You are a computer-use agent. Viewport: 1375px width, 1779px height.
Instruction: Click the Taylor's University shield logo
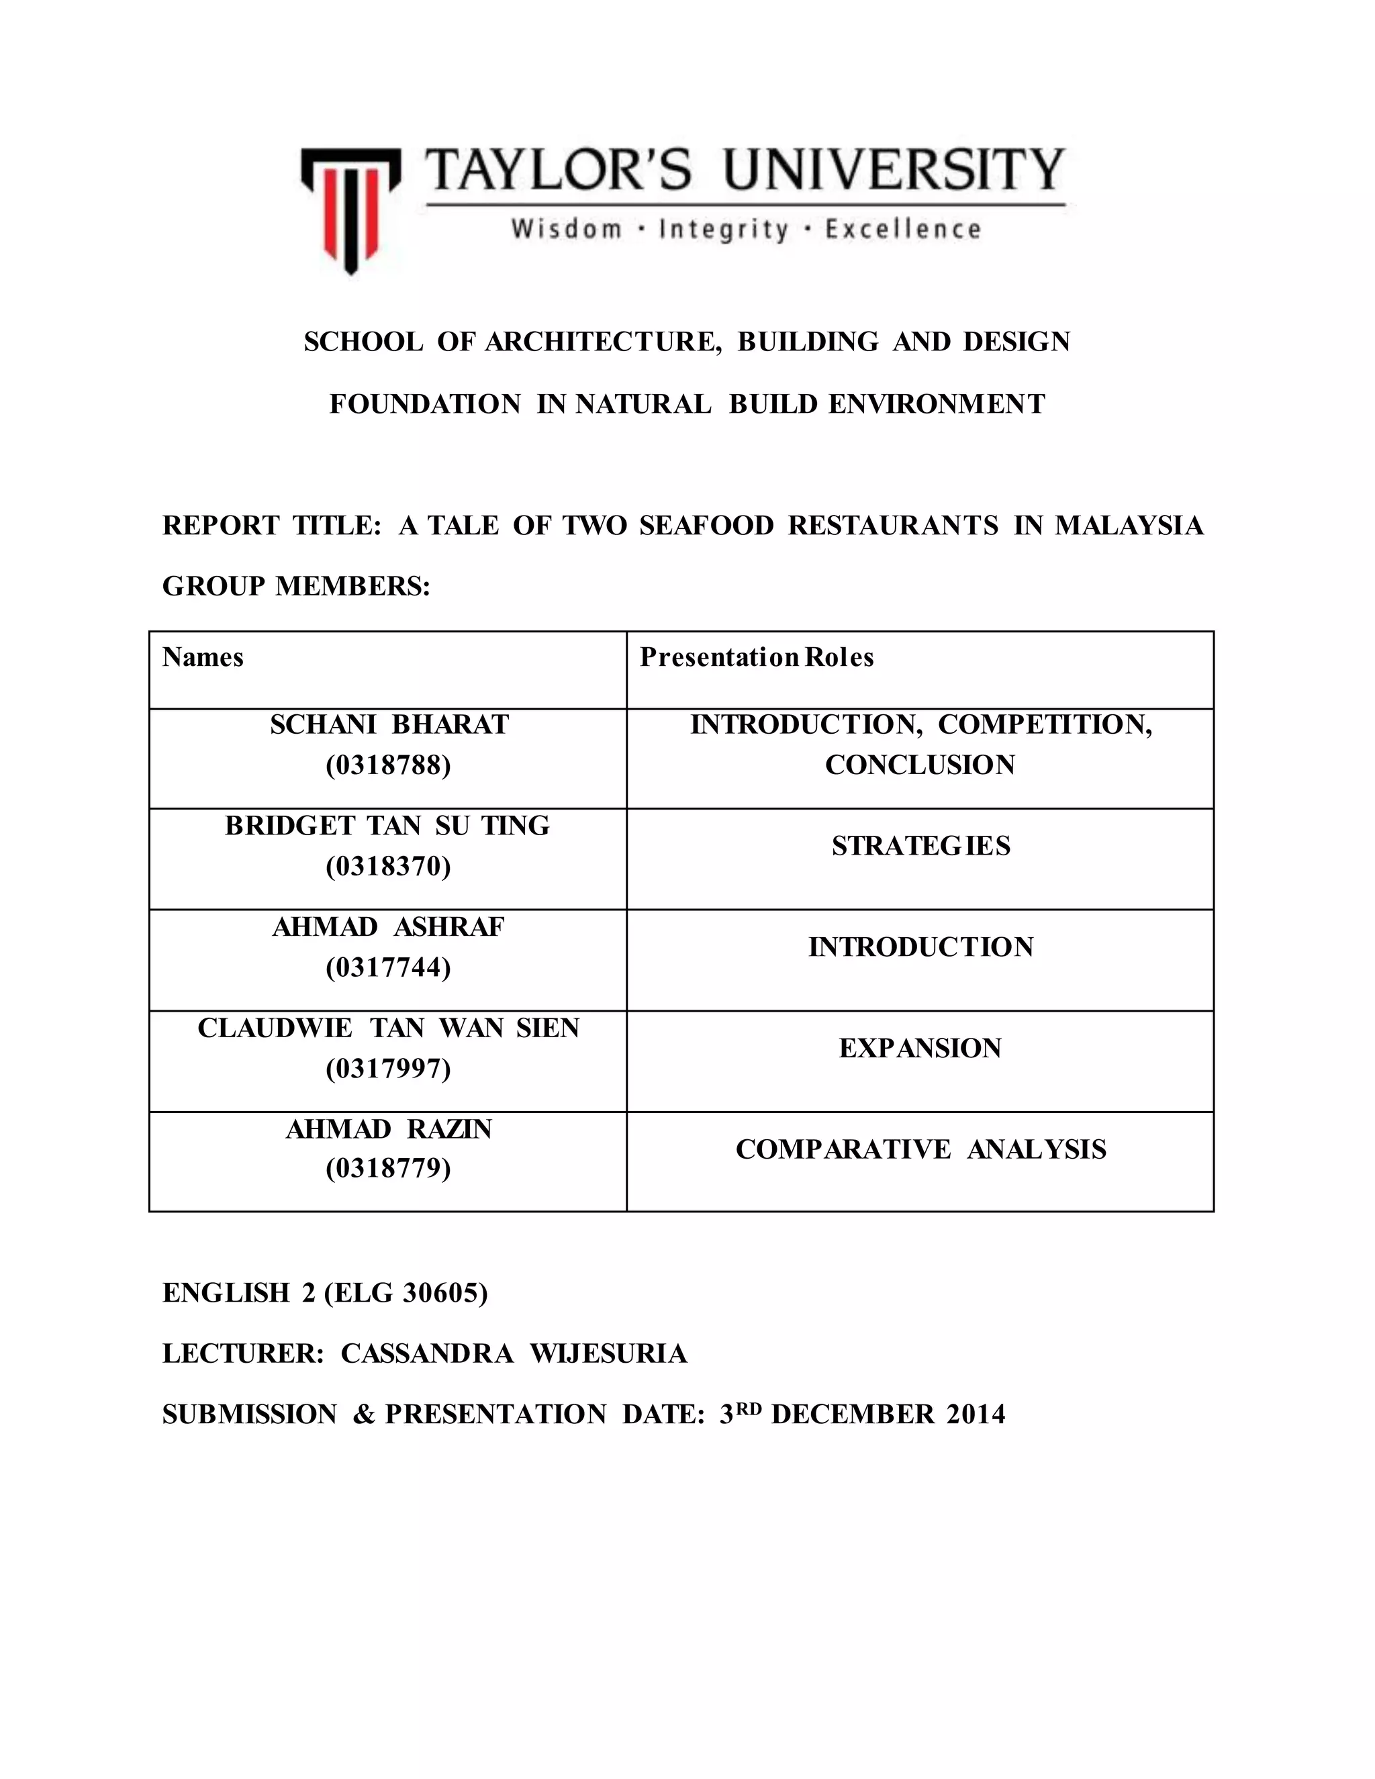pyautogui.click(x=350, y=207)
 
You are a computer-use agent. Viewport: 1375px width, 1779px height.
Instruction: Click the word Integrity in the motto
pyautogui.click(x=723, y=229)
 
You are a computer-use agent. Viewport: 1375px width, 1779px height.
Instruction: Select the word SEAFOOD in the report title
pyautogui.click(x=706, y=526)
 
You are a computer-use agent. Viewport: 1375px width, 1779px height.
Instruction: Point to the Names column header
pyautogui.click(x=203, y=657)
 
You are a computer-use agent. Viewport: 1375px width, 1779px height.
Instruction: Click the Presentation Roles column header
pyautogui.click(x=756, y=657)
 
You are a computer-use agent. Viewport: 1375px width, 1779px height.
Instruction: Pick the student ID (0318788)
pyautogui.click(x=388, y=766)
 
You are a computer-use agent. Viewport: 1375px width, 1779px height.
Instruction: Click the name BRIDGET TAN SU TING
pyautogui.click(x=388, y=826)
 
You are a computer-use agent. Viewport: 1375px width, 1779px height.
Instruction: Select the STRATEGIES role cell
pyautogui.click(x=920, y=847)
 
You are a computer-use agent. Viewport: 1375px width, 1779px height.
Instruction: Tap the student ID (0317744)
pyautogui.click(x=388, y=967)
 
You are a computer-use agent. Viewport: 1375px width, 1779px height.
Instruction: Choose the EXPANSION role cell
pyautogui.click(x=920, y=1049)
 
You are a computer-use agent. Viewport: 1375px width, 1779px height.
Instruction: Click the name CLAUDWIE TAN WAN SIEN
pyautogui.click(x=388, y=1028)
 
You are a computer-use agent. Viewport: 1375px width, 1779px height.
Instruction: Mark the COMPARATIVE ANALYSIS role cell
pyautogui.click(x=920, y=1149)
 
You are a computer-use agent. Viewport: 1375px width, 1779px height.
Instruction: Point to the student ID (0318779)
pyautogui.click(x=388, y=1169)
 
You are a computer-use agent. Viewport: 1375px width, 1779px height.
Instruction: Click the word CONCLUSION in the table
pyautogui.click(x=920, y=766)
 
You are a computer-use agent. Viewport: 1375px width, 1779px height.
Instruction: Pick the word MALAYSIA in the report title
pyautogui.click(x=1129, y=526)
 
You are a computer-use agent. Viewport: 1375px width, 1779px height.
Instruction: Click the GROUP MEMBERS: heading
pyautogui.click(x=297, y=587)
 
